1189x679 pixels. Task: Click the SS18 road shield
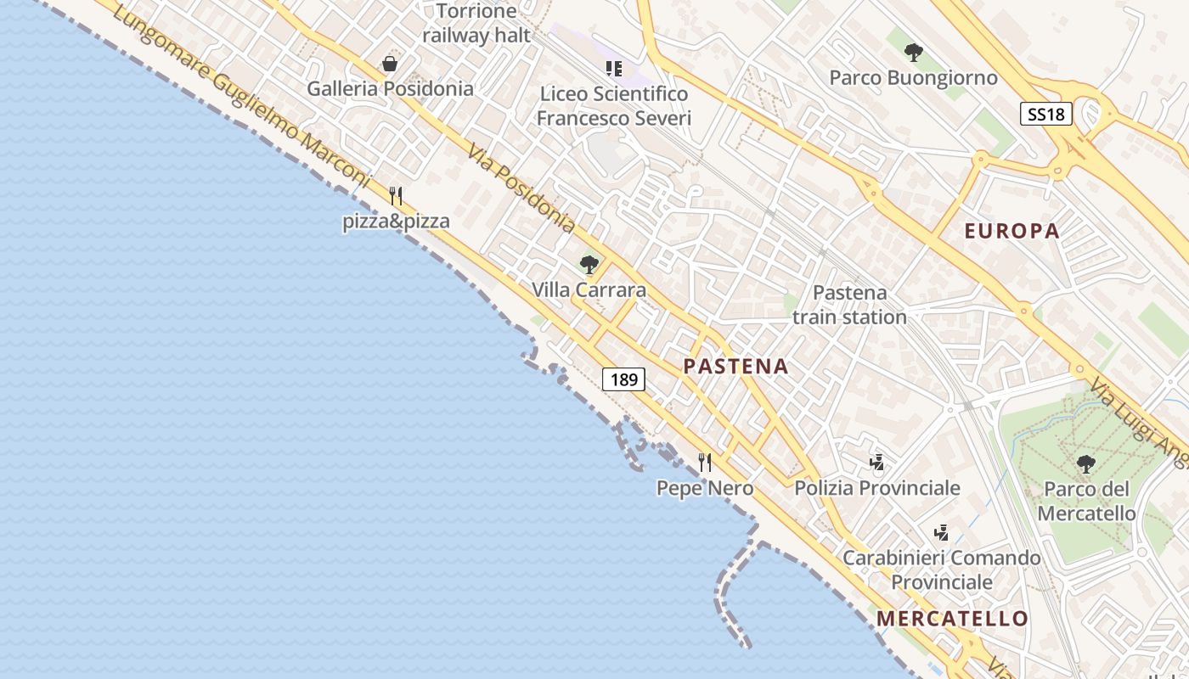pyautogui.click(x=1045, y=114)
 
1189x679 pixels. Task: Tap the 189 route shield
pyautogui.click(x=623, y=379)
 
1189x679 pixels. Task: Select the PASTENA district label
pyautogui.click(x=735, y=367)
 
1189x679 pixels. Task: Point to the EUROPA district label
pyautogui.click(x=1011, y=231)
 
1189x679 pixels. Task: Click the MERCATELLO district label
pyautogui.click(x=952, y=619)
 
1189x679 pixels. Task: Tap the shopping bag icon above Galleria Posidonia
pyautogui.click(x=390, y=64)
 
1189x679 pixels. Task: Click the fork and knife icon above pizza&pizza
pyautogui.click(x=395, y=196)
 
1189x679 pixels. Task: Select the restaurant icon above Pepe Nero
pyautogui.click(x=704, y=463)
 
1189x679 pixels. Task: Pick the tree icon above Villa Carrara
pyautogui.click(x=589, y=265)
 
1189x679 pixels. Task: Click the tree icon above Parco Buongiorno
pyautogui.click(x=913, y=53)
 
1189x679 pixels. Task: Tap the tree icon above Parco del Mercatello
pyautogui.click(x=1085, y=464)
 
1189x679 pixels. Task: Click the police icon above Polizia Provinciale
pyautogui.click(x=877, y=463)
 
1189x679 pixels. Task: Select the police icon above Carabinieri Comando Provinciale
pyautogui.click(x=941, y=533)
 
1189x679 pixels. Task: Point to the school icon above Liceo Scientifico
pyautogui.click(x=613, y=69)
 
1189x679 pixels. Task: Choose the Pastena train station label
pyautogui.click(x=849, y=305)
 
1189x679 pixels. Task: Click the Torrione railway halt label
pyautogui.click(x=476, y=23)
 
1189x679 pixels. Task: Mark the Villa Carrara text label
pyautogui.click(x=589, y=290)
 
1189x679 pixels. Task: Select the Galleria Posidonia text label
pyautogui.click(x=390, y=88)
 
